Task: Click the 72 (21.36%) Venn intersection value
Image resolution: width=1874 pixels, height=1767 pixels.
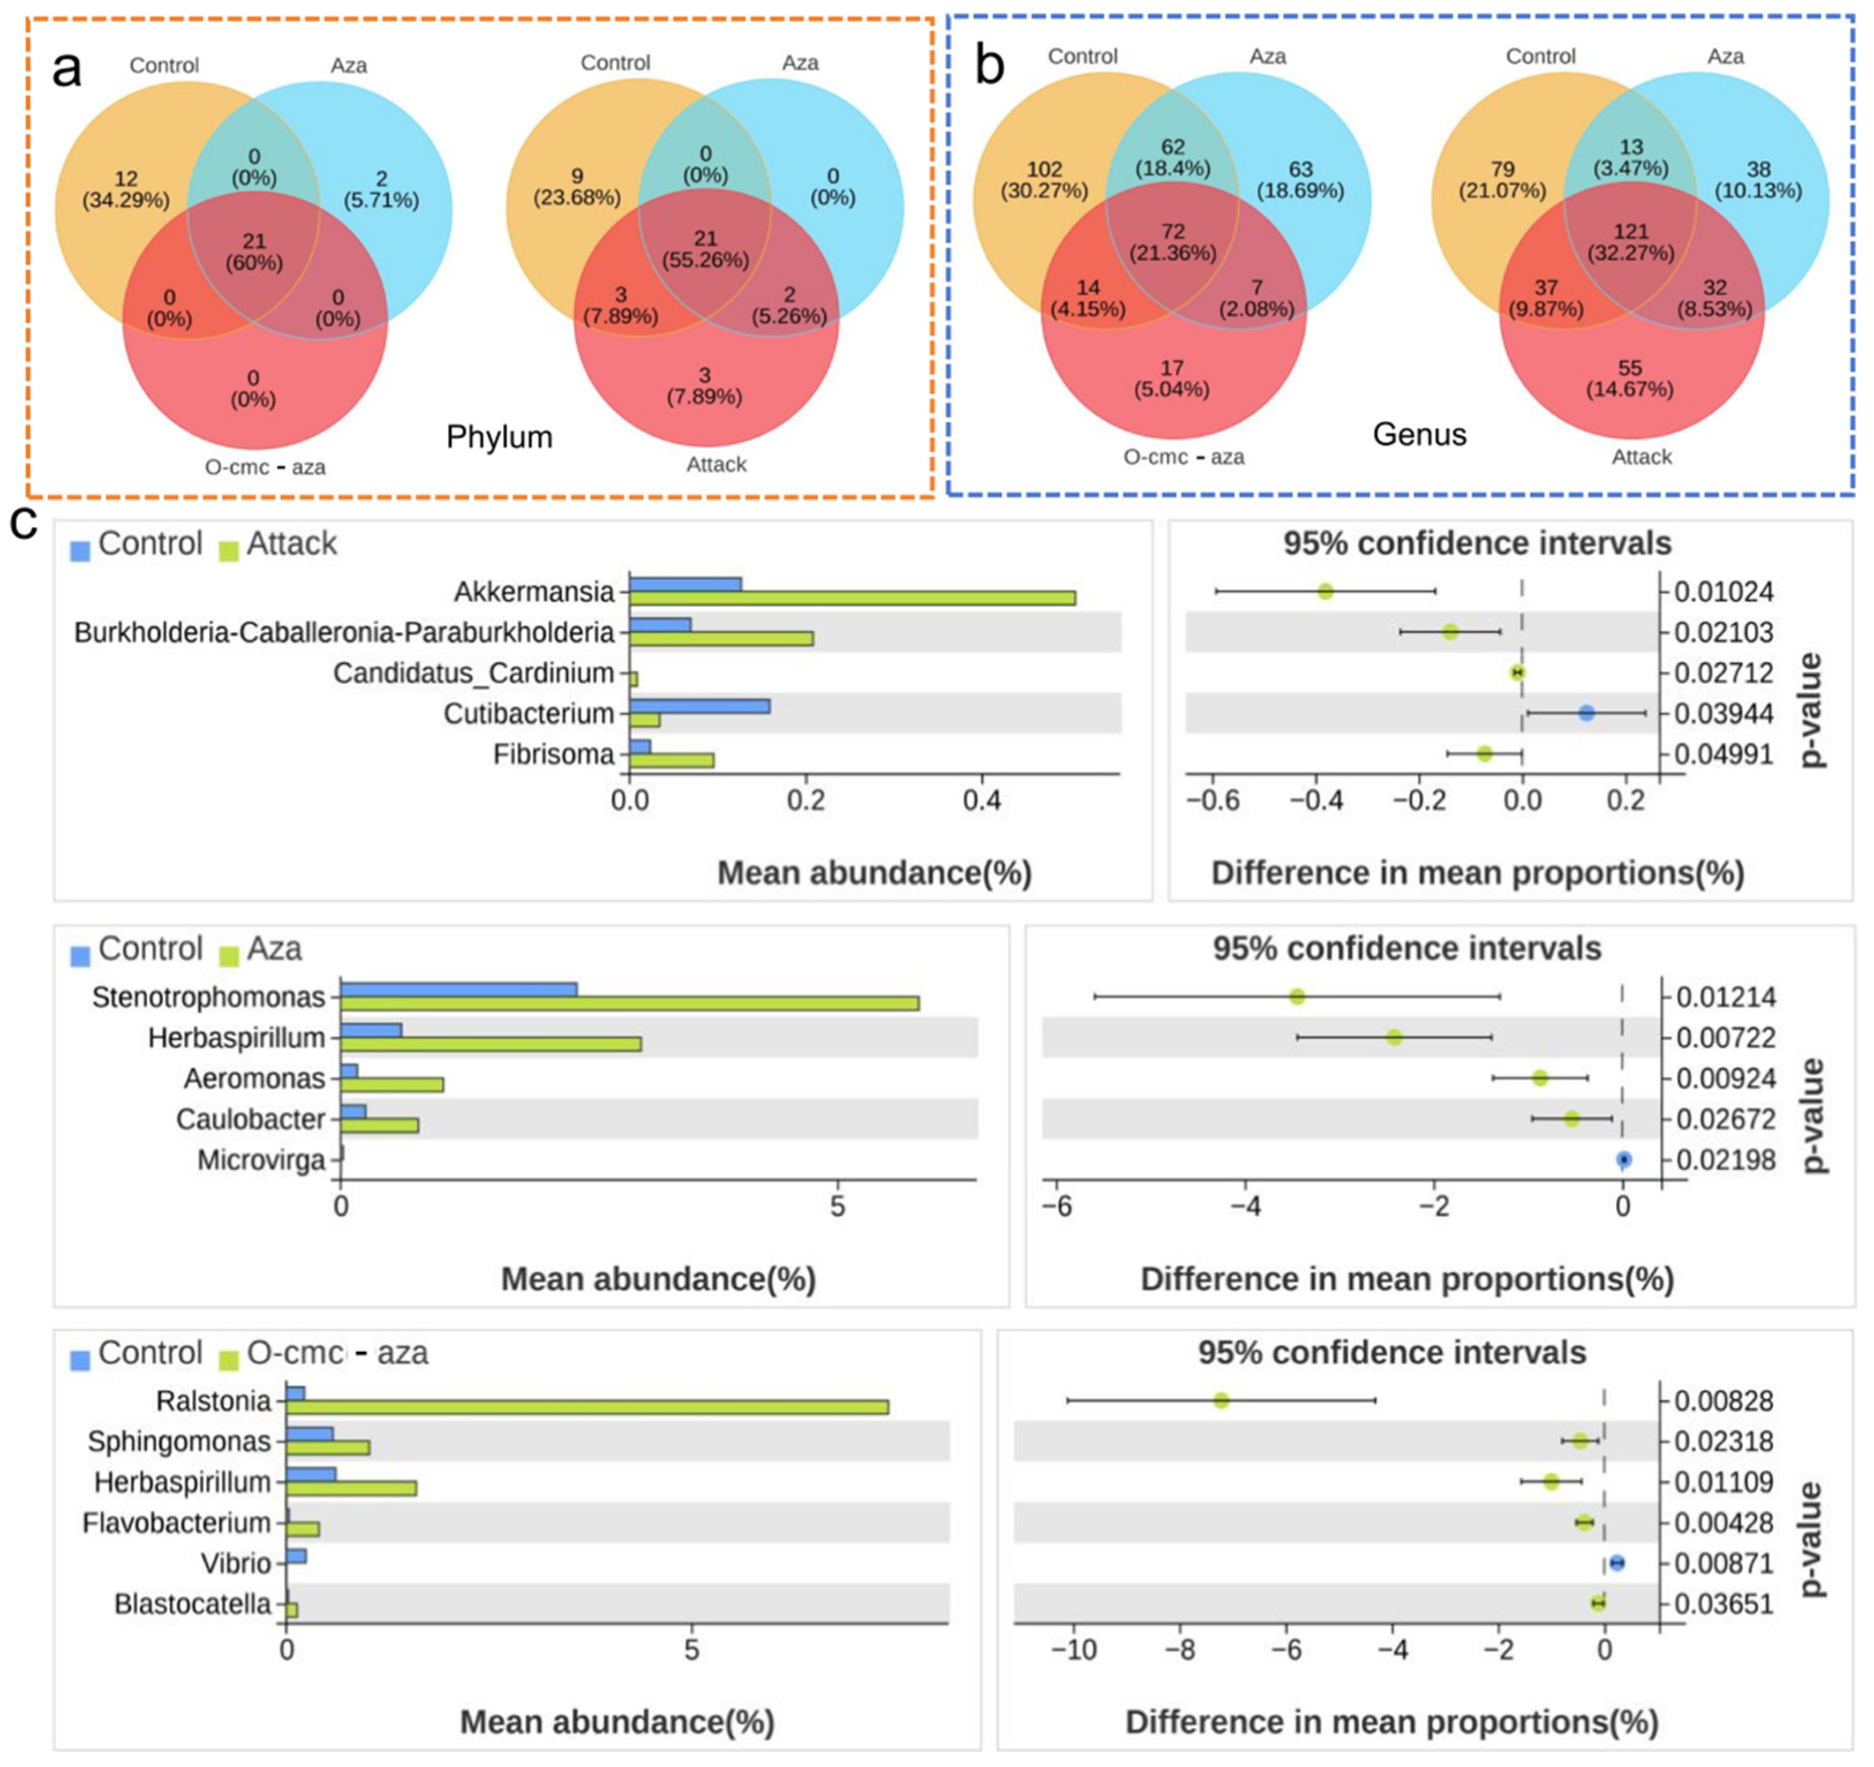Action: point(1172,242)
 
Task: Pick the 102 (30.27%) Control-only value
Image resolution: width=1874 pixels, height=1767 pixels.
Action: point(1043,180)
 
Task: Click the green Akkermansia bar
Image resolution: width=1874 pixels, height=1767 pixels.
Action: point(852,598)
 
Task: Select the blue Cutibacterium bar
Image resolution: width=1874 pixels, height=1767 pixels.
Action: point(699,706)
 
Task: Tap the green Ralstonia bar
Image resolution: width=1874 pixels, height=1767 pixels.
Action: point(586,1407)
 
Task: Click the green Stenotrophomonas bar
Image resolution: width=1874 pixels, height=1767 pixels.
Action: point(629,1003)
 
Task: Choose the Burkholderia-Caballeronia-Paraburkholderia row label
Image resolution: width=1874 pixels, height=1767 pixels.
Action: point(344,633)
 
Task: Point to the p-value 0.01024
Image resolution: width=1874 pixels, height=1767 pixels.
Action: point(1723,592)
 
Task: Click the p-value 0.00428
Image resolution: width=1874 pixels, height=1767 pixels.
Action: point(1723,1523)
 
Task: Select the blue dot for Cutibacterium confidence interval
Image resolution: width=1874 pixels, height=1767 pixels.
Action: point(1586,714)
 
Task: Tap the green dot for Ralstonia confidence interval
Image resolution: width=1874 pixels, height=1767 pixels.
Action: point(1221,1400)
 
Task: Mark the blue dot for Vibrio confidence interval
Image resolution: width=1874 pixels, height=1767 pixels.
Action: point(1617,1563)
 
